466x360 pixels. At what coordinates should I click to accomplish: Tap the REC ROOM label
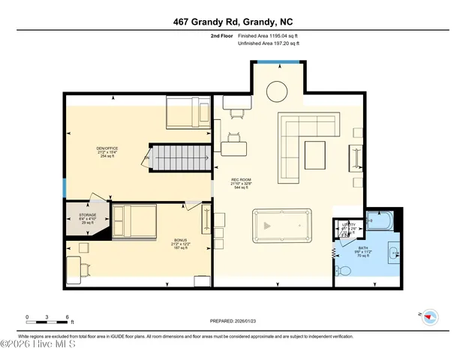240,180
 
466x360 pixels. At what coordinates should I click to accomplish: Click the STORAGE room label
88,215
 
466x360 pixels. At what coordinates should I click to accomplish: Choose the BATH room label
363,248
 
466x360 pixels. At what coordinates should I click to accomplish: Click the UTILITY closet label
348,223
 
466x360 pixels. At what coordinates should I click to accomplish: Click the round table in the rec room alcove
278,91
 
